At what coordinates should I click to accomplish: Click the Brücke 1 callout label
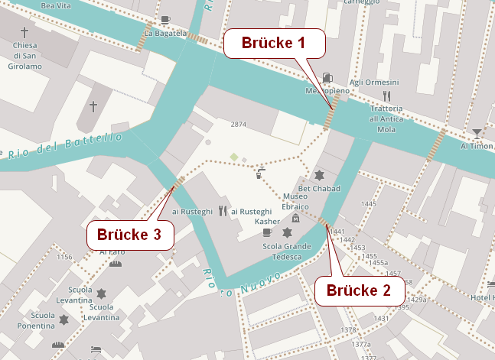(x=274, y=43)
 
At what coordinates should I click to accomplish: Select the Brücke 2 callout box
(x=359, y=290)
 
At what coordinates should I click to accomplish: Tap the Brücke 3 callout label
(x=129, y=235)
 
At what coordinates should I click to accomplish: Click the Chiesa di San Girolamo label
(x=25, y=55)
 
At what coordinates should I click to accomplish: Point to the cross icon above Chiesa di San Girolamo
(x=24, y=32)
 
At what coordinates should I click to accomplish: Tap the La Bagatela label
(x=165, y=34)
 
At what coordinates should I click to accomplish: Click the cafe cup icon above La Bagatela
(x=165, y=20)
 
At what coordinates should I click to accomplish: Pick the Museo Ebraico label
(x=295, y=202)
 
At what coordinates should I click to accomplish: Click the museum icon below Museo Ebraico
(x=295, y=220)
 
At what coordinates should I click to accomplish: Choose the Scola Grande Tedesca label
(x=287, y=251)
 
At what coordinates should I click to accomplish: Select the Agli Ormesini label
(x=374, y=83)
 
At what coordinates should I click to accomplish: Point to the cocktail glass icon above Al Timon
(x=477, y=133)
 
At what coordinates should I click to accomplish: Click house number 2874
(x=239, y=125)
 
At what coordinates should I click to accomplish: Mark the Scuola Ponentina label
(x=32, y=320)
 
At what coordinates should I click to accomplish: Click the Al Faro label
(x=112, y=251)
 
